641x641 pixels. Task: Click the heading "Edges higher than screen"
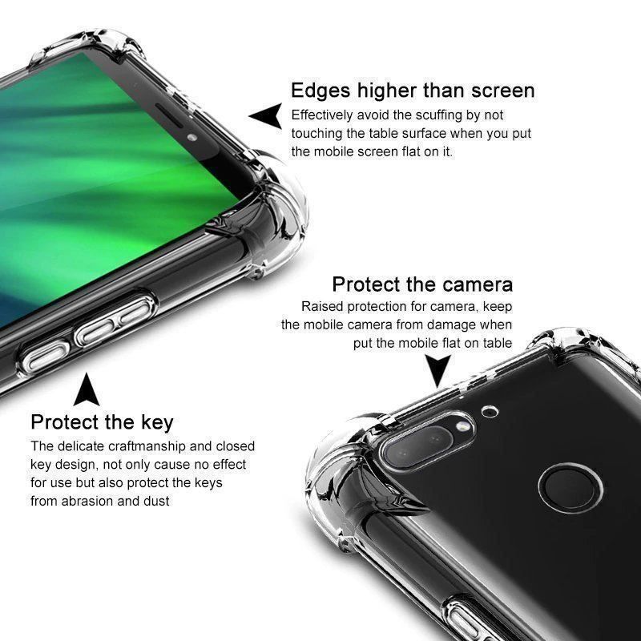coord(413,91)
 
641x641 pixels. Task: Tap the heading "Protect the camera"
coord(422,284)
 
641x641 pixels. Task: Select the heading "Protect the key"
coord(102,423)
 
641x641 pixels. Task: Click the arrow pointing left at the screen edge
coord(266,115)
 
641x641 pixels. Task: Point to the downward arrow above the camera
coord(437,370)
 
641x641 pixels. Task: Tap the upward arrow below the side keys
coord(87,389)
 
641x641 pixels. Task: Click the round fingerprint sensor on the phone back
coord(570,488)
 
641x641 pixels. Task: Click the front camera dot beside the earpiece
coord(192,137)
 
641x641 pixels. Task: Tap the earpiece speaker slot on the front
coord(169,115)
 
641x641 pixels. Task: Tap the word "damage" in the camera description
coord(445,325)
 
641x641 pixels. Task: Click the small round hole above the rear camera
coord(490,411)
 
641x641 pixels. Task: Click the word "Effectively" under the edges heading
coord(322,115)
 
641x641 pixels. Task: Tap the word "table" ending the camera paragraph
coord(497,343)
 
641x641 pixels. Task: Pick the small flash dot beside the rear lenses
coord(462,426)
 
